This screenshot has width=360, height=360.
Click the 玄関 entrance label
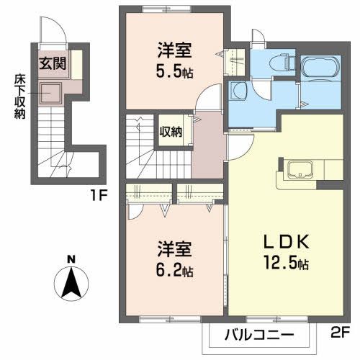point(53,63)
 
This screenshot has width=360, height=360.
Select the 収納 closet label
point(171,132)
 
